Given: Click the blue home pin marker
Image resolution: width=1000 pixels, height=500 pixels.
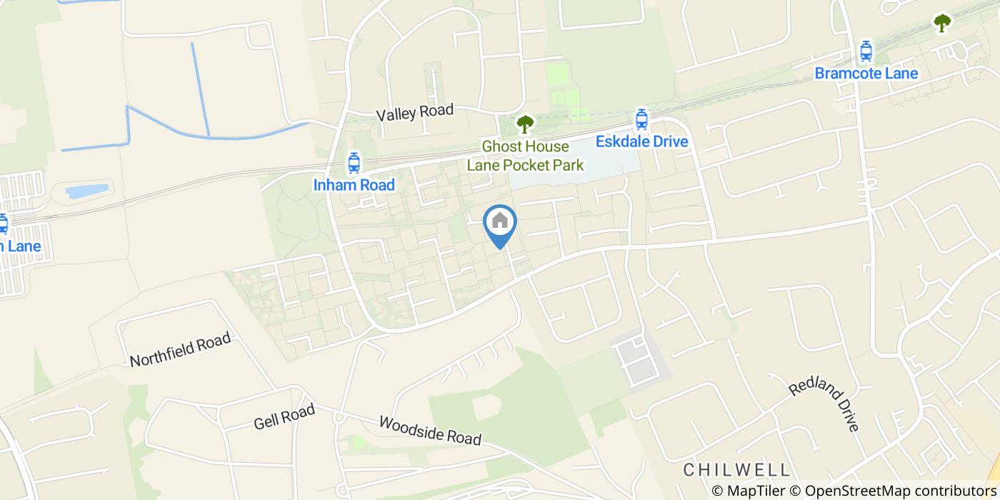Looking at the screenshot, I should point(500,223).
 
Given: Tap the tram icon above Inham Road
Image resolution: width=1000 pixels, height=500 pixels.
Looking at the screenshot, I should point(354,164).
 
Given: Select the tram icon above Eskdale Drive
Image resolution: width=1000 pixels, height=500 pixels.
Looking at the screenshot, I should point(641,119).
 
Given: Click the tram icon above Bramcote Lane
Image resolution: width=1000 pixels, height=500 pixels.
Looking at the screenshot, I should point(866,51).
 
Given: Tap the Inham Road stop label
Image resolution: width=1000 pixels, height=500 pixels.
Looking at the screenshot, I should point(354,185).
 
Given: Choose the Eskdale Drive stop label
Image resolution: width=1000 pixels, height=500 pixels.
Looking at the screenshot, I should point(641,141).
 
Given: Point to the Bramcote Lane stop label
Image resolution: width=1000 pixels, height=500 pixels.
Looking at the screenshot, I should point(866,73).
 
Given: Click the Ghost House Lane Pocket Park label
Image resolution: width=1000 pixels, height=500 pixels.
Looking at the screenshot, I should point(525,156).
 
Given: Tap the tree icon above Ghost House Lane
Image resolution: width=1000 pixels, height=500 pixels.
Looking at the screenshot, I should point(525,124).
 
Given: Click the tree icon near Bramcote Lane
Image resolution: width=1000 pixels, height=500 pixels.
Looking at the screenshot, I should point(942,23).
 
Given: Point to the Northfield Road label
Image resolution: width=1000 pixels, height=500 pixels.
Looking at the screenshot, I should point(181,349).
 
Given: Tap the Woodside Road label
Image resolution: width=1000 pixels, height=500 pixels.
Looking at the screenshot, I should point(430,431).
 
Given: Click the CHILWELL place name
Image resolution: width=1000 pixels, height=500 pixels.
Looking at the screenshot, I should point(736,469).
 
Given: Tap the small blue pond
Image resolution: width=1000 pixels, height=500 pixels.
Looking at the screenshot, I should point(86,191).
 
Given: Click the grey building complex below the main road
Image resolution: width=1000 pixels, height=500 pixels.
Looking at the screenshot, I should point(638,359).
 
